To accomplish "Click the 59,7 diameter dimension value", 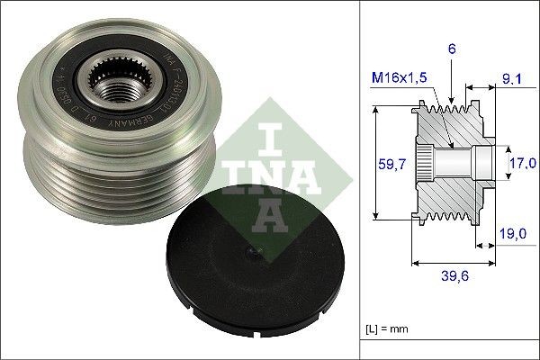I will (388, 164).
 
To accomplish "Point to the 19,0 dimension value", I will (514, 233).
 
